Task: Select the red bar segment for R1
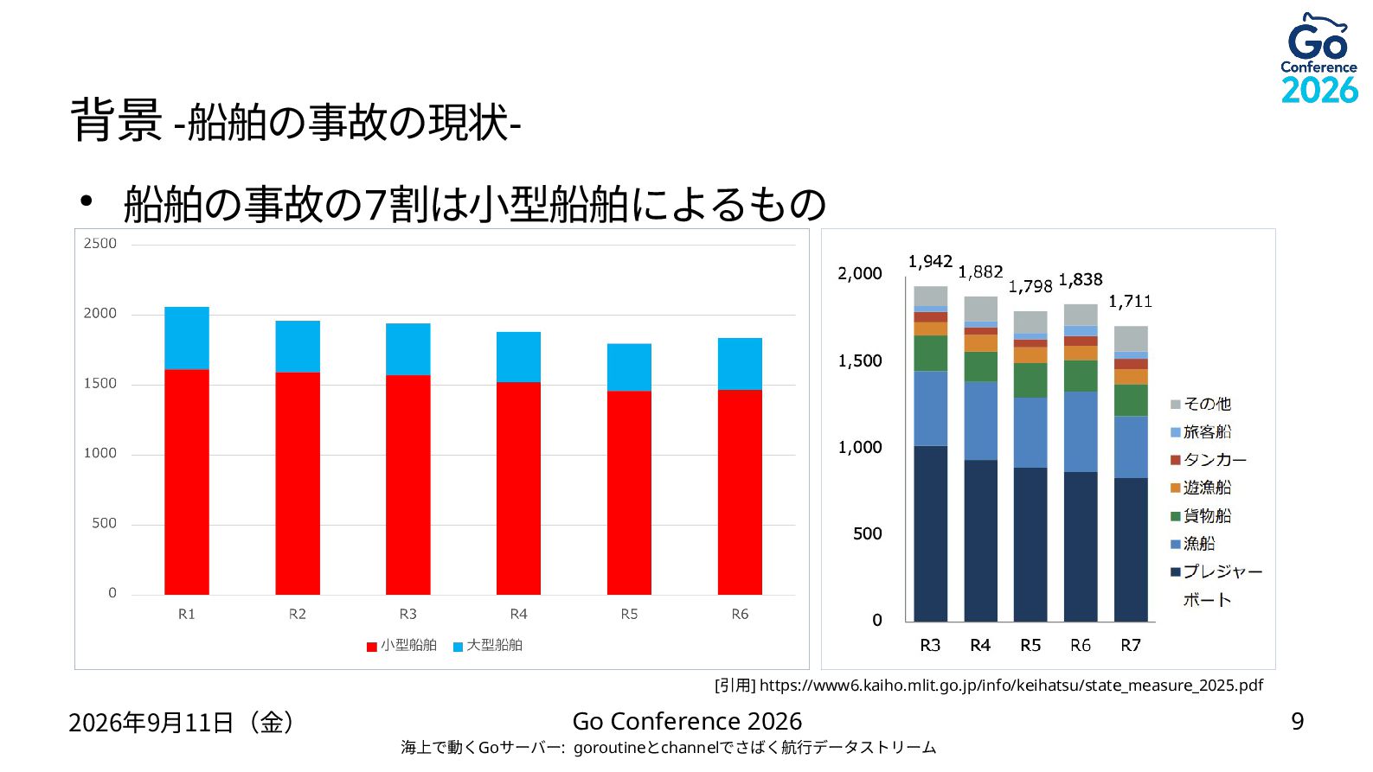click(187, 482)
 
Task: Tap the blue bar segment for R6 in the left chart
click(740, 364)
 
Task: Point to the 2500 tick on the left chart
click(99, 243)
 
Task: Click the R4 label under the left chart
click(518, 614)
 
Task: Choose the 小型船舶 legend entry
click(401, 645)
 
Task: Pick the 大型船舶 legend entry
click(488, 645)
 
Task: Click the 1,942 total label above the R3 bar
click(930, 262)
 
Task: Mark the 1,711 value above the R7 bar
click(1130, 302)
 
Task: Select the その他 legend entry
click(1201, 404)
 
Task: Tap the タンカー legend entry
click(1208, 460)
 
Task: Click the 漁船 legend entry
click(1193, 544)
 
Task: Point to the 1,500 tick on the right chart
click(860, 360)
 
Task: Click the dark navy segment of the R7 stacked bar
click(1131, 550)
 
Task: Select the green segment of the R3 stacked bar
click(930, 353)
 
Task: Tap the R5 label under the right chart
click(1030, 645)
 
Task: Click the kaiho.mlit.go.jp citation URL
click(1011, 686)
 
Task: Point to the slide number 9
click(1298, 722)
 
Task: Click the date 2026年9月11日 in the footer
click(151, 723)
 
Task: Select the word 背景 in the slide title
click(117, 120)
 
